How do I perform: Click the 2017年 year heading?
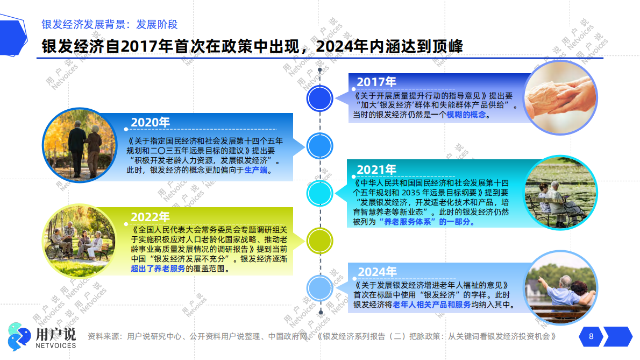tap(376, 82)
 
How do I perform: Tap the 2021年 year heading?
tap(376, 170)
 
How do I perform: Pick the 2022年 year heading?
tap(150, 217)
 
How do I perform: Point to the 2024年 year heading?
tap(377, 272)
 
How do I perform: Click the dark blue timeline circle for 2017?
tap(321, 98)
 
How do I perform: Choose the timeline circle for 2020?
tap(321, 146)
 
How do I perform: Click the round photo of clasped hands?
tap(560, 97)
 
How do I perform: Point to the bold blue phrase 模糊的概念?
tap(466, 115)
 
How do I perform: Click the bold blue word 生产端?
tap(255, 171)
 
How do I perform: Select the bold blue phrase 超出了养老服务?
tap(158, 269)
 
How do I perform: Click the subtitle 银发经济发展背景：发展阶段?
tap(110, 24)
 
